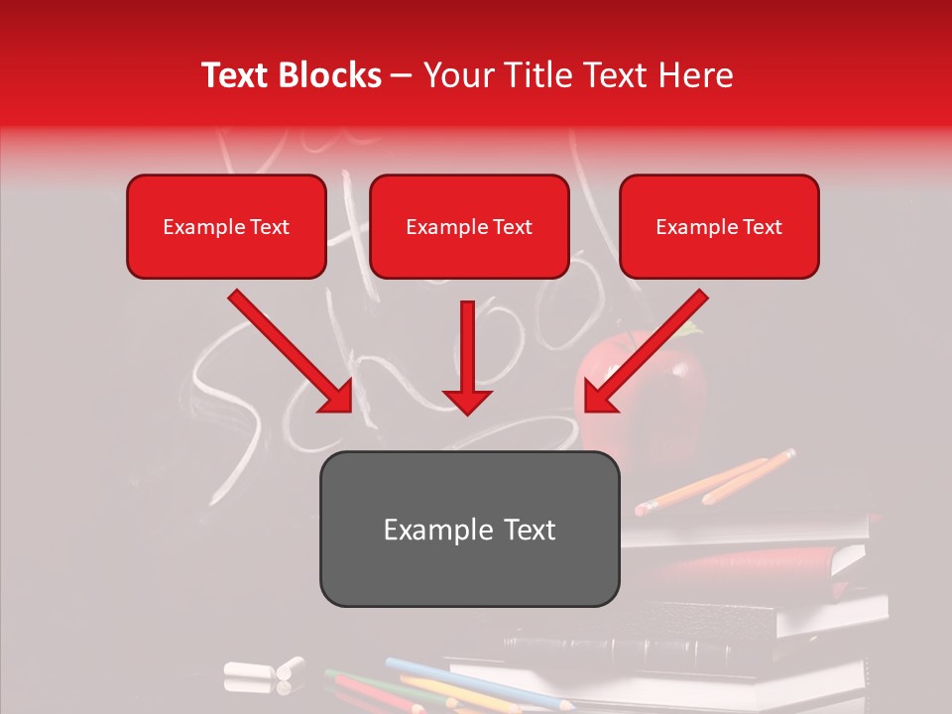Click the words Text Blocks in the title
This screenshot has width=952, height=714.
tap(291, 75)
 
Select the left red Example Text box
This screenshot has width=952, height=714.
tap(226, 227)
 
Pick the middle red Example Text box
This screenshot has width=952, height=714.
tap(469, 227)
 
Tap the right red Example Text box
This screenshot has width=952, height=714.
tap(719, 227)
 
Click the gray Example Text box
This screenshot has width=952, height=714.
tap(469, 530)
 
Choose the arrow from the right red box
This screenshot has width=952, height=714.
tap(646, 351)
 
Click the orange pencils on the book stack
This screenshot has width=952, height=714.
tap(714, 482)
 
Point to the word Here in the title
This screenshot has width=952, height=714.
tap(696, 75)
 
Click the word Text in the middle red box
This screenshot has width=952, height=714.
tap(512, 227)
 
